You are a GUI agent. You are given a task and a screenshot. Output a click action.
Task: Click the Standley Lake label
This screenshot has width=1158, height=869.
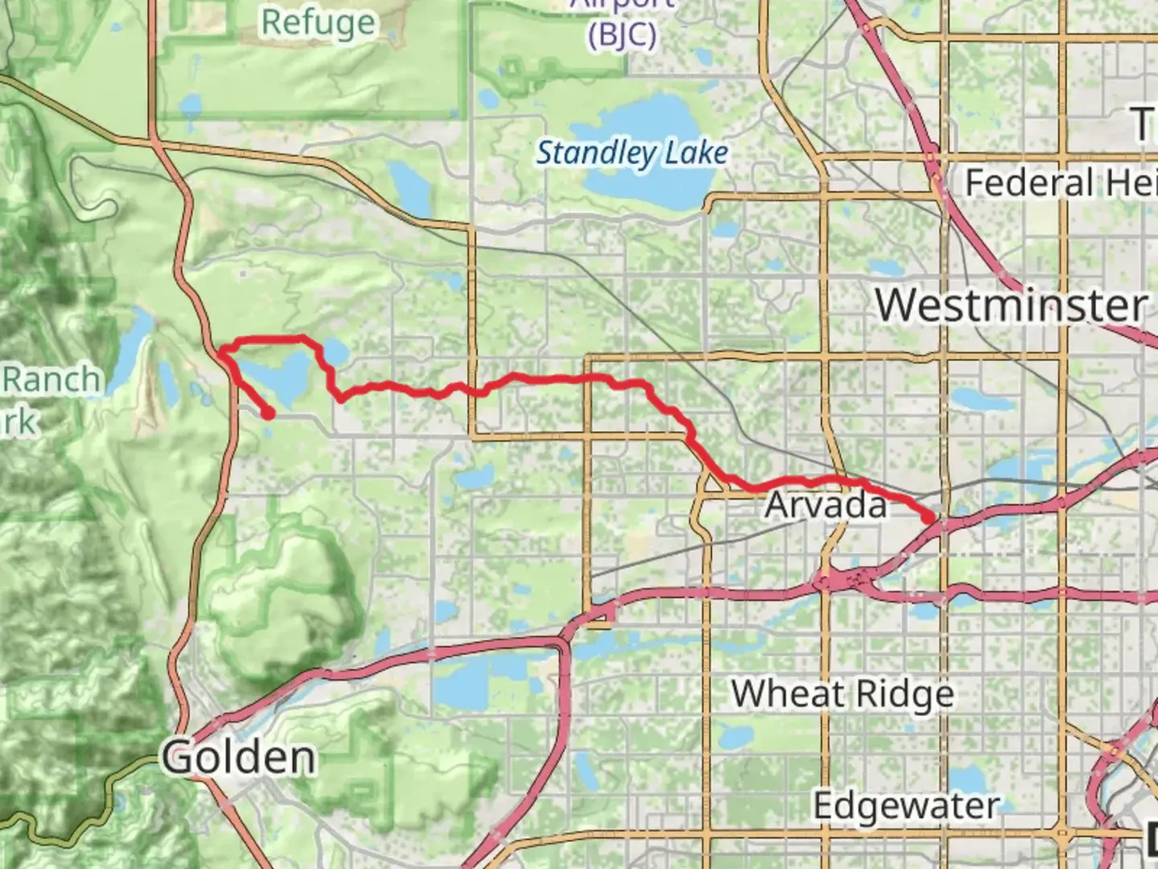tap(632, 152)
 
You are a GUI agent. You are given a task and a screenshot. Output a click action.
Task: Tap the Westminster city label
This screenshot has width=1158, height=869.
tap(1012, 306)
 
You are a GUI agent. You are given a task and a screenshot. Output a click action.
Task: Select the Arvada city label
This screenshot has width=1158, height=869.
tap(826, 505)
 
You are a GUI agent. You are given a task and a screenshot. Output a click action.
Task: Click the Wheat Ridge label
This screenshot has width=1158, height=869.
tap(843, 694)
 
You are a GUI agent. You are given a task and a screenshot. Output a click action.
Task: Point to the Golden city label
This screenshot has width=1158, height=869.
tap(238, 757)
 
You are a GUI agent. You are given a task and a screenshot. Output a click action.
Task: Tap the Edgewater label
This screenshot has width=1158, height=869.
tap(907, 805)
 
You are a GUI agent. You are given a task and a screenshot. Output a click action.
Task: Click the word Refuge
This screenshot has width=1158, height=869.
tap(318, 22)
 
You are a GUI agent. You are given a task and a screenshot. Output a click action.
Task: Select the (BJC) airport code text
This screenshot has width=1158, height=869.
tap(622, 35)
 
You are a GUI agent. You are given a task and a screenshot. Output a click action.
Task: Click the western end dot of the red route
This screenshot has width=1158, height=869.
tap(268, 414)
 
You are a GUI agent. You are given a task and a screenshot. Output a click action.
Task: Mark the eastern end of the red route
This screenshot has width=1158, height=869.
tap(931, 519)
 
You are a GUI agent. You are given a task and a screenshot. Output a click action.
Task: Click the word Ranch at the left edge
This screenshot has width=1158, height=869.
tap(53, 380)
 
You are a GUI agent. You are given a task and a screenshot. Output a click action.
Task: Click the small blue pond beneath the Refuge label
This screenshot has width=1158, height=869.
tap(191, 105)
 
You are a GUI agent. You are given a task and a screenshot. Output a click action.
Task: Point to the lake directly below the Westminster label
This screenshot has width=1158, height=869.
tap(973, 400)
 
